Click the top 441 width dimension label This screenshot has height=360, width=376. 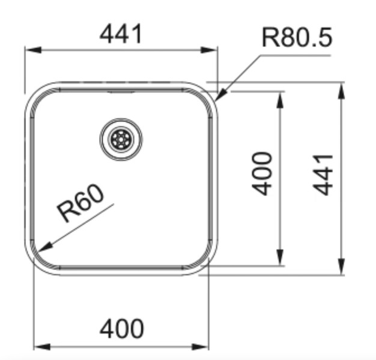point(121,34)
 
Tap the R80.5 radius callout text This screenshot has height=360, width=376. point(297,39)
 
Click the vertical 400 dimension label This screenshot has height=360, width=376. point(262,174)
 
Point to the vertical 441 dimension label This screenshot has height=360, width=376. point(324,174)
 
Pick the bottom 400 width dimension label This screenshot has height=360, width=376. point(121,328)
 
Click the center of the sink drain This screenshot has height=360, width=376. point(121,139)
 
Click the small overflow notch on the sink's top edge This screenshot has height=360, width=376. point(121,92)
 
